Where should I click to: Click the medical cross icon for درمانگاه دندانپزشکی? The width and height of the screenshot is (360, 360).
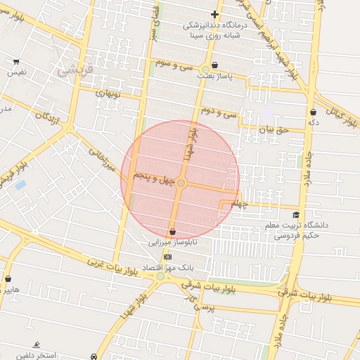214,14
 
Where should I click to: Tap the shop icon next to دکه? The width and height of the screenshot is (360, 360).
313,112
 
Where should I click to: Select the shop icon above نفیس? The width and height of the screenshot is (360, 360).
16,61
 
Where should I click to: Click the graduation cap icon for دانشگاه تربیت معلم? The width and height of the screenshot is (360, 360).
296,214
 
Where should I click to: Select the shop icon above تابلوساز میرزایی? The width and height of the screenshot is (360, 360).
172,232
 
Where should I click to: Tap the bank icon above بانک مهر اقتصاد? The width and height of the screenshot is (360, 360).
167,257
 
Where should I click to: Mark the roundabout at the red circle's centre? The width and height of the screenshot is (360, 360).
181,183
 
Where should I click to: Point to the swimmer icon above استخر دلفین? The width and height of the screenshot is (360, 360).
36,345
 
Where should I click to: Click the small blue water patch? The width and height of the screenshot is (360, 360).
20,185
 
